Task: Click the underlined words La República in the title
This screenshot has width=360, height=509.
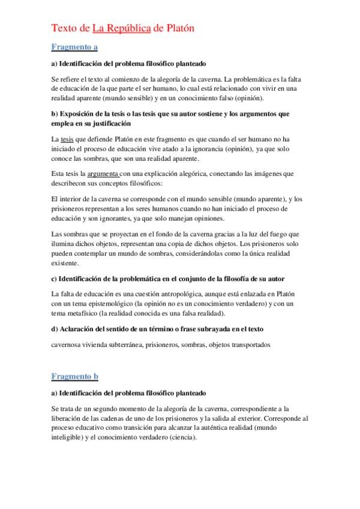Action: (x=122, y=28)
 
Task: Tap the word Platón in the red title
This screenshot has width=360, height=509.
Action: (x=178, y=28)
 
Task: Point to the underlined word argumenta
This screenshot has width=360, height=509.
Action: (x=104, y=174)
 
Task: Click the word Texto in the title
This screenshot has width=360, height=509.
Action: (x=62, y=28)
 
